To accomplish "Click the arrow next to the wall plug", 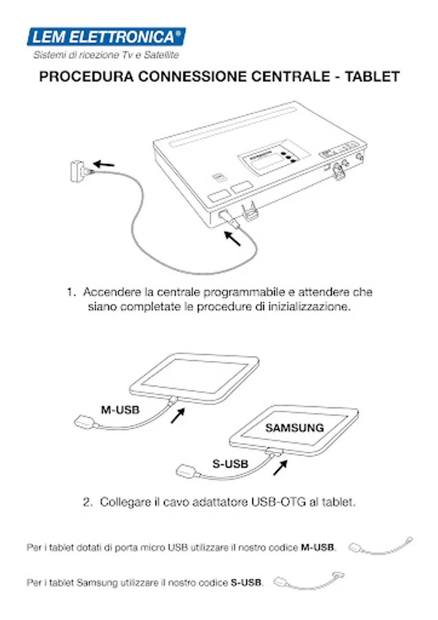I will point(104,163).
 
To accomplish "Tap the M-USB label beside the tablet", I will point(121,409).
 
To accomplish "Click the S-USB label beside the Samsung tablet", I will point(230,464).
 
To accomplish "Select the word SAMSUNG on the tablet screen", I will point(295,428).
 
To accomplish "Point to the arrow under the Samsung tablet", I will point(280,468).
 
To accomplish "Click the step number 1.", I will point(70,293).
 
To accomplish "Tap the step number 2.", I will point(87,502).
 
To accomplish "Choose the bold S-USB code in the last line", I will point(246,583).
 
